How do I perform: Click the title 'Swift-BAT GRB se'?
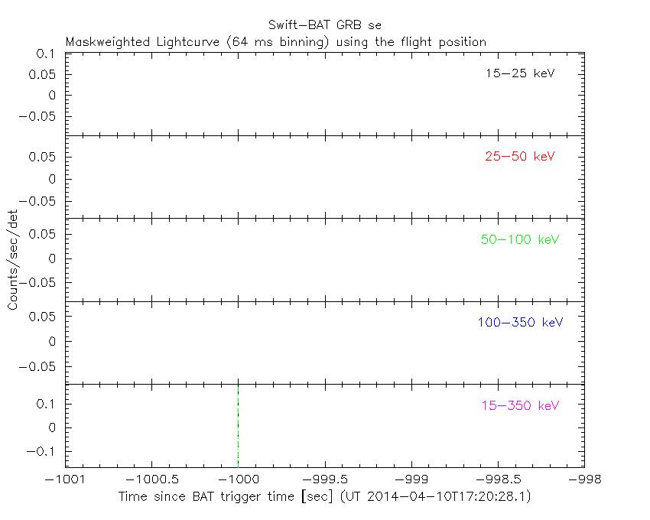click(x=324, y=25)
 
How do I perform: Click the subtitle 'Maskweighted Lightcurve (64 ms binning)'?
click(x=197, y=42)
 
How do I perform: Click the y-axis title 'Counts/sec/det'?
click(x=13, y=260)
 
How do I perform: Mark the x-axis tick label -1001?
click(x=65, y=479)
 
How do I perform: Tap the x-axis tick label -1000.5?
click(x=151, y=479)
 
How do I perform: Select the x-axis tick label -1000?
click(x=238, y=479)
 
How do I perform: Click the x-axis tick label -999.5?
click(x=325, y=479)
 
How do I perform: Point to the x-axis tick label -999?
click(x=411, y=479)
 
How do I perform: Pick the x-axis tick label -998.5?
click(x=498, y=479)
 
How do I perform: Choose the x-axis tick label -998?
click(x=584, y=479)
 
